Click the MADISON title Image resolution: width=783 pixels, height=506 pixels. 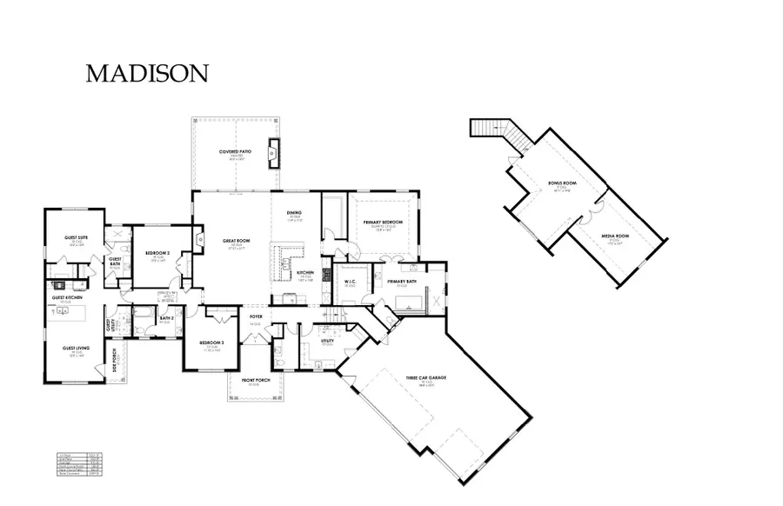(x=147, y=74)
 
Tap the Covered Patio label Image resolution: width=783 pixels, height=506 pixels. (x=236, y=153)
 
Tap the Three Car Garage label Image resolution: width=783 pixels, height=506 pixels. (x=426, y=378)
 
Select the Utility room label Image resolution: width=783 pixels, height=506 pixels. (x=327, y=342)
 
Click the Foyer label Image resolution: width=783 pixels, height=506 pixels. (x=256, y=317)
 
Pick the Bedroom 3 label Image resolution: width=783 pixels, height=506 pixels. (x=211, y=343)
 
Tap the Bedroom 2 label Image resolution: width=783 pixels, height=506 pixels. (x=157, y=254)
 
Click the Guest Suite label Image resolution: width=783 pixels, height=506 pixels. (x=76, y=237)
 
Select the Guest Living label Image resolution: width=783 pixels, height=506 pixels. (x=76, y=348)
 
